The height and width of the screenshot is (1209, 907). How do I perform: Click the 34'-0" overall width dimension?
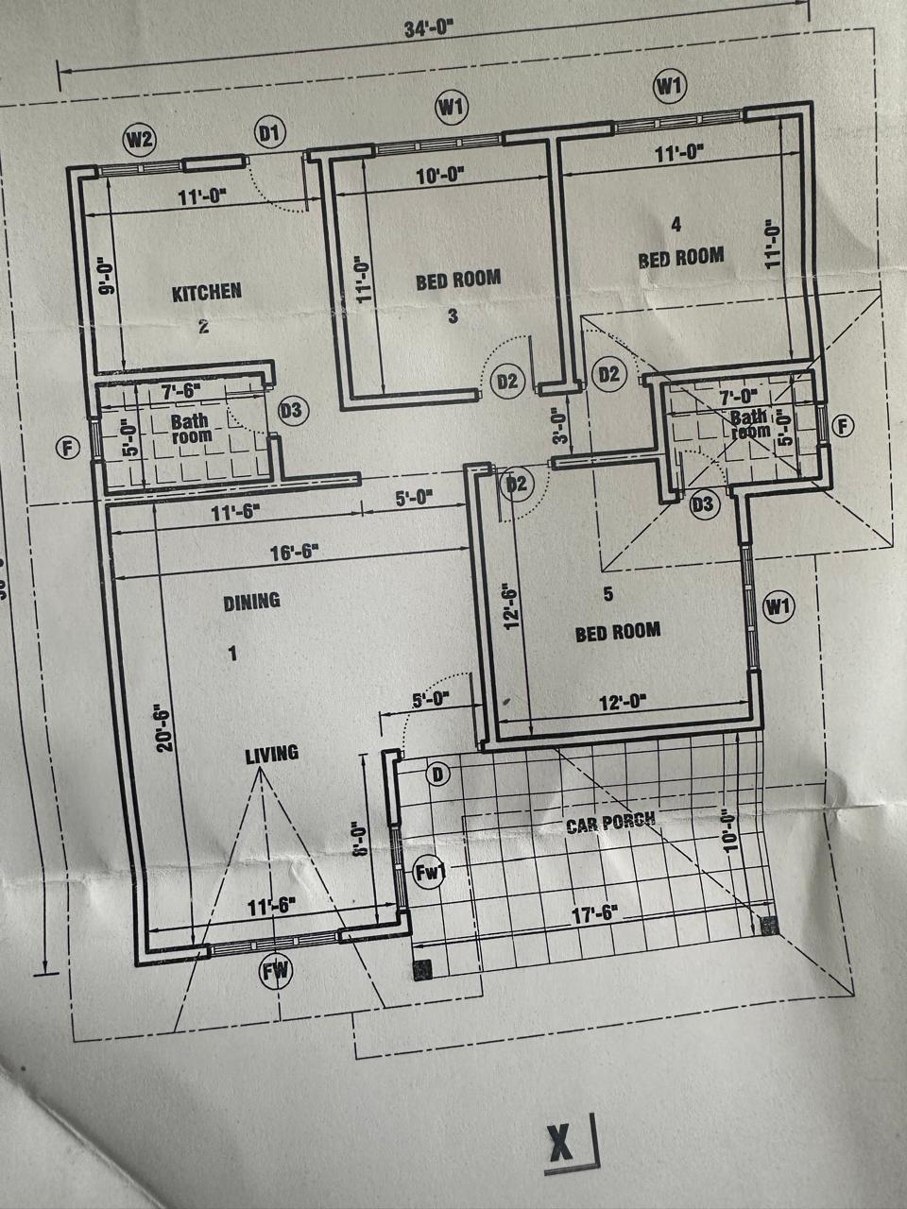[x=429, y=28]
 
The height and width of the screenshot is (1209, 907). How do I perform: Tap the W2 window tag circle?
[x=140, y=140]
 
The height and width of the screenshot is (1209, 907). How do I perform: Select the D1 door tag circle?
[x=269, y=133]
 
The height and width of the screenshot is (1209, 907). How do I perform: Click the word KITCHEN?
[x=206, y=292]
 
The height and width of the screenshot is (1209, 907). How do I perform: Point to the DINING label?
[x=251, y=601]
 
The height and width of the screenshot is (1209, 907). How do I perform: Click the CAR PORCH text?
[x=610, y=822]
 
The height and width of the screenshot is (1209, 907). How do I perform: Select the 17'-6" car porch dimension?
[x=594, y=913]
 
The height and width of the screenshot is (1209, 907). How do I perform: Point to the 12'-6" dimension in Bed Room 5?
[x=512, y=605]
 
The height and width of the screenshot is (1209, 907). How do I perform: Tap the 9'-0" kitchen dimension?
[x=106, y=276]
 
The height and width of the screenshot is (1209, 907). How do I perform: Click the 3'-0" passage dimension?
[x=559, y=425]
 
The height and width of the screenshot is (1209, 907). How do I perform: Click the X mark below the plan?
[x=560, y=1145]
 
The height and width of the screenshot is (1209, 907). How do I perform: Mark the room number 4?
[x=676, y=224]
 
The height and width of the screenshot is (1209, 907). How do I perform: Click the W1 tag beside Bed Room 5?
[x=777, y=605]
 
